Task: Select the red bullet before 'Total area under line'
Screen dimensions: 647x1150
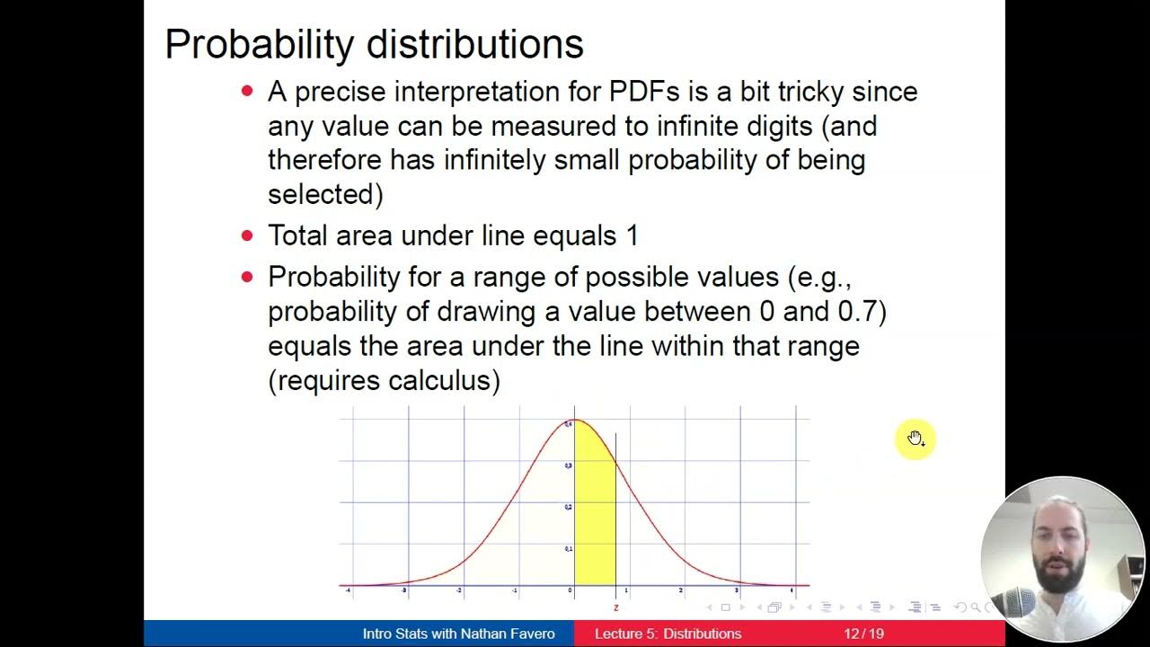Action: [x=248, y=236]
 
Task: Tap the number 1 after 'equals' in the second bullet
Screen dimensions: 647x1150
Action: [x=632, y=236]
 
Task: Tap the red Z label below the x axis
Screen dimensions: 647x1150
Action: [x=616, y=607]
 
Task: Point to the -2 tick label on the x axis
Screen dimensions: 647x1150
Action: [x=459, y=590]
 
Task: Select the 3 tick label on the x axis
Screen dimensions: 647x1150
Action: [x=737, y=590]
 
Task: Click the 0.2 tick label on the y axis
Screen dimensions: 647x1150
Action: [x=568, y=507]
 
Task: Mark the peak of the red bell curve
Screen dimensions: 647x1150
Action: [x=574, y=421]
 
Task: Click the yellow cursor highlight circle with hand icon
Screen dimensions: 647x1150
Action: [x=915, y=439]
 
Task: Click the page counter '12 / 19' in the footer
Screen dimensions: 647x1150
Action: [x=863, y=634]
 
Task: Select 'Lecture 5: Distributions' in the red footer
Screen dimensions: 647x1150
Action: [x=668, y=634]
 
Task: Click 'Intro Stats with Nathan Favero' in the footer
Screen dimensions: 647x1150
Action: [x=458, y=634]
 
